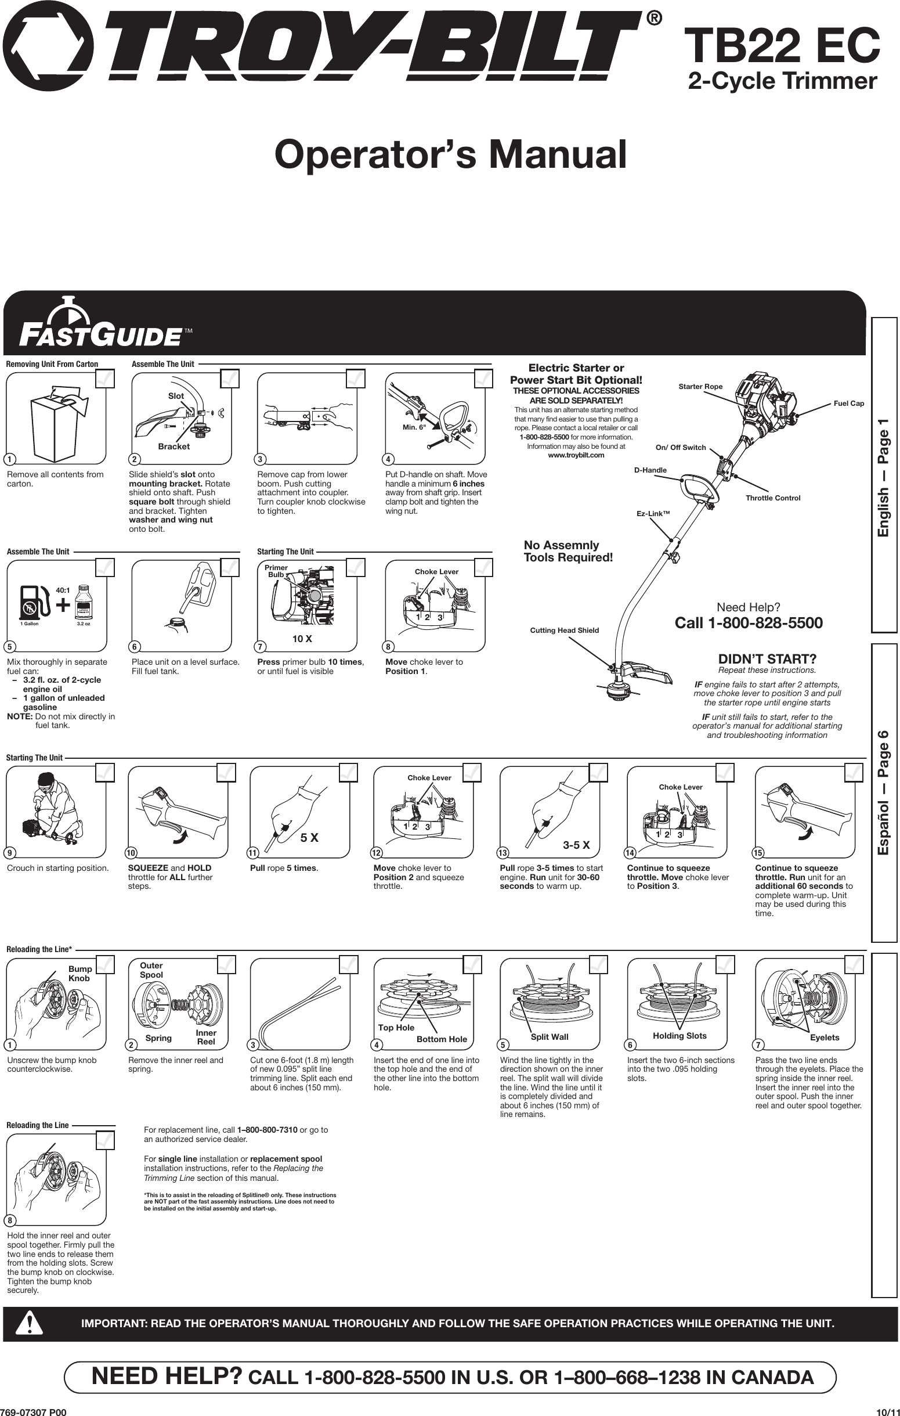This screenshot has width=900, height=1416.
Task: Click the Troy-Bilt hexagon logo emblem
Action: point(48,46)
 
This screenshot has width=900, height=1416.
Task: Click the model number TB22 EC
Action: point(785,47)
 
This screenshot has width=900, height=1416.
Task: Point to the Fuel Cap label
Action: point(849,403)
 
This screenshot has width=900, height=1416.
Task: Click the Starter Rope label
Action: point(700,386)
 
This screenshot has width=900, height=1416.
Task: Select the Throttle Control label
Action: point(772,498)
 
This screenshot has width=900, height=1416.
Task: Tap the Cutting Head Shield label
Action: point(565,630)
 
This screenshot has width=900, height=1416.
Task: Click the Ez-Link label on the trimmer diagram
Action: point(653,514)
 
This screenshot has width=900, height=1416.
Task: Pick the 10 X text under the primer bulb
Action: point(302,639)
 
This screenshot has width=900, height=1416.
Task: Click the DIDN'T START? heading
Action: point(767,659)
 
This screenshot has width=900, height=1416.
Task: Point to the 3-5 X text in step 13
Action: point(576,845)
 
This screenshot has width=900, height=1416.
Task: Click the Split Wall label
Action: point(549,1037)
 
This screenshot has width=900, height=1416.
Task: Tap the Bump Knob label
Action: point(80,973)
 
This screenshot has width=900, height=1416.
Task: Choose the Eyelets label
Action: point(824,1037)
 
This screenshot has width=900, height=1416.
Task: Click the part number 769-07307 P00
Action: point(34,1410)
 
